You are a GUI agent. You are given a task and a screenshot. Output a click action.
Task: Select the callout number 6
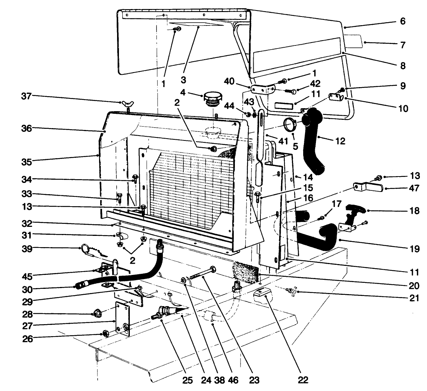(402, 21)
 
